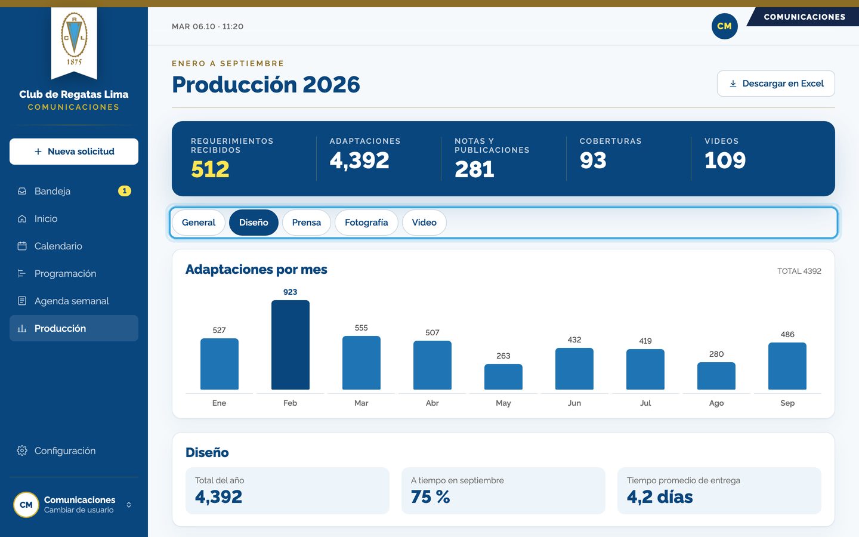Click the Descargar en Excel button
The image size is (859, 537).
[x=775, y=84]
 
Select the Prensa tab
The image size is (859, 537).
[x=306, y=223]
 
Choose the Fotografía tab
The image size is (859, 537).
[x=366, y=223]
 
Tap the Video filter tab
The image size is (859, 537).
[x=424, y=223]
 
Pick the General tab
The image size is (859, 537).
[x=198, y=223]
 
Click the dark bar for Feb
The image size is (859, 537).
[x=291, y=345]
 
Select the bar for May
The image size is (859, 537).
[x=503, y=376]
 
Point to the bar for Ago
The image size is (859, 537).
[x=716, y=376]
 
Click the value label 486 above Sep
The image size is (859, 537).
[x=787, y=335]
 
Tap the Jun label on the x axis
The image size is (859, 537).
[x=574, y=403]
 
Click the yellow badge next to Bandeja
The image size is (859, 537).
[x=124, y=191]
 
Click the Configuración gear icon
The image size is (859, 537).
[x=22, y=450]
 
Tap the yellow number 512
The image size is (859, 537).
[x=210, y=169]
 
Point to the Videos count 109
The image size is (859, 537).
[x=725, y=160]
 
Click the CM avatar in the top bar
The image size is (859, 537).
[x=724, y=26]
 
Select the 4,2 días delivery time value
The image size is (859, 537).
[x=660, y=497]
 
